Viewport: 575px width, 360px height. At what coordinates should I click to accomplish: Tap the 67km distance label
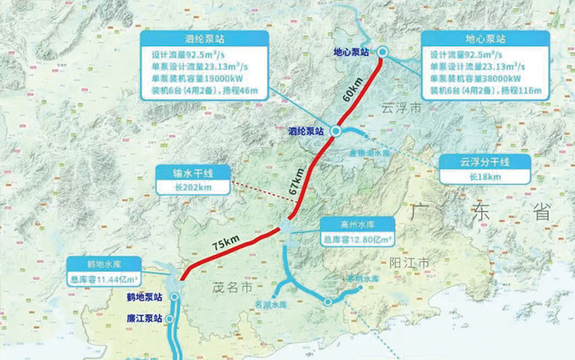coord(297,181)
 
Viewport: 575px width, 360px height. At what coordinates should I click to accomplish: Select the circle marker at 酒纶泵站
coord(335,130)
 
